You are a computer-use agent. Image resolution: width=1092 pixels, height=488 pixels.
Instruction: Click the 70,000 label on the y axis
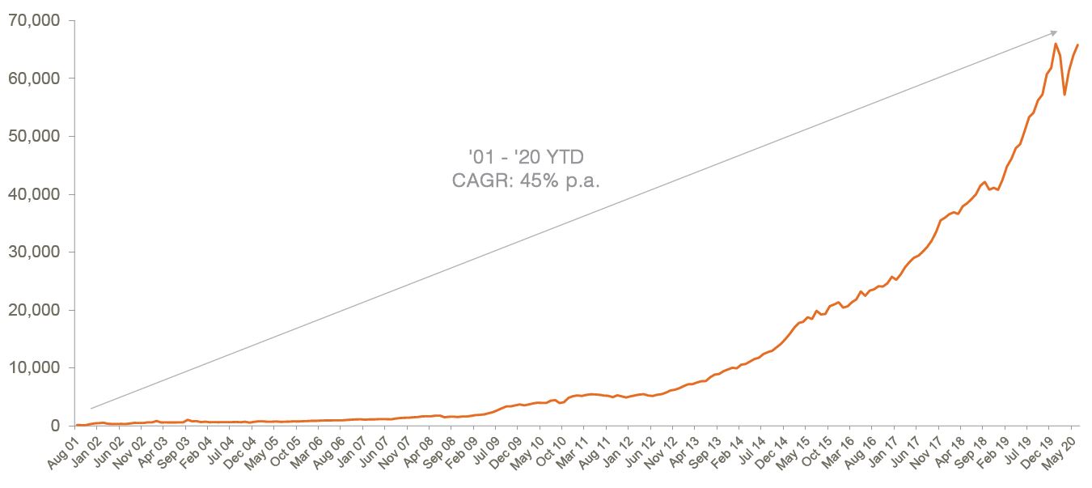point(34,20)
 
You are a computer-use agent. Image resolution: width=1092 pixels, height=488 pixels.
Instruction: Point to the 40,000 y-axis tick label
point(34,194)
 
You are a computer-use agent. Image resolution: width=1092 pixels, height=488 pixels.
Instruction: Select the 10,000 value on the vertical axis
point(34,367)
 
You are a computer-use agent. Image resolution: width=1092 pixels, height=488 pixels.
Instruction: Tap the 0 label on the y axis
point(55,426)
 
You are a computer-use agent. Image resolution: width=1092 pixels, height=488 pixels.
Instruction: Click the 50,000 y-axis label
point(34,136)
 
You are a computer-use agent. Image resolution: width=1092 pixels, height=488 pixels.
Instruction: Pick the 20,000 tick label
point(34,310)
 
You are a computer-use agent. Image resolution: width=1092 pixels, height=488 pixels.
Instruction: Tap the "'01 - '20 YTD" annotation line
point(526,156)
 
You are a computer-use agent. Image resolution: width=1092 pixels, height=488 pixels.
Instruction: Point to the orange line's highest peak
point(1056,44)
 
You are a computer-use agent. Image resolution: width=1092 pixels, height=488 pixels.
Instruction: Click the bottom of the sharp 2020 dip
point(1064,95)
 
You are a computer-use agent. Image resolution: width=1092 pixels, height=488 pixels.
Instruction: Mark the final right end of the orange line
point(1077,45)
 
